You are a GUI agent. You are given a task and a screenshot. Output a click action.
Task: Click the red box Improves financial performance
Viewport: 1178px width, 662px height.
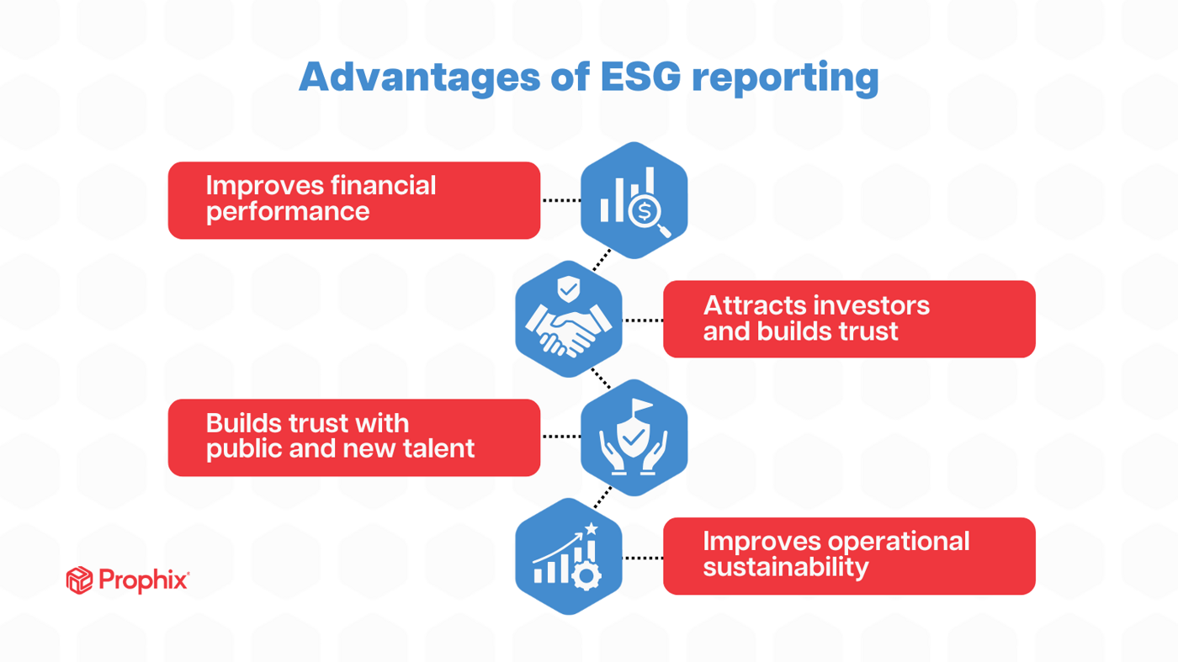click(353, 200)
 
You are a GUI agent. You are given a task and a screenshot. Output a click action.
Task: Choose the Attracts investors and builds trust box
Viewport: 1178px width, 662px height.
click(848, 319)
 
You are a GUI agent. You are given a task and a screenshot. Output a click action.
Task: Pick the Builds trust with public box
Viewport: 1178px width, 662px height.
click(353, 437)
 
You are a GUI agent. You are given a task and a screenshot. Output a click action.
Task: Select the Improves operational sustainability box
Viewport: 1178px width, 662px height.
click(848, 556)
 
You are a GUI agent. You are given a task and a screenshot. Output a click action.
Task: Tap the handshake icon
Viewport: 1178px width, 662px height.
click(568, 331)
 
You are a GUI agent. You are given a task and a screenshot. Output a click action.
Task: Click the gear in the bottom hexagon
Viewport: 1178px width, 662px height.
click(586, 577)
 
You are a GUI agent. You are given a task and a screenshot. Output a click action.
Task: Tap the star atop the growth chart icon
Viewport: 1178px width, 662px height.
click(592, 528)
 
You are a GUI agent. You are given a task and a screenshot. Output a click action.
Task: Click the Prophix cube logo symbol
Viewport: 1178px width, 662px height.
click(79, 580)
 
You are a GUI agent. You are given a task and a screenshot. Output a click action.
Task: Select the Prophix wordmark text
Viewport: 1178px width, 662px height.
click(143, 580)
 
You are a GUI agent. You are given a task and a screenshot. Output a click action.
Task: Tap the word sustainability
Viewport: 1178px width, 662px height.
click(785, 568)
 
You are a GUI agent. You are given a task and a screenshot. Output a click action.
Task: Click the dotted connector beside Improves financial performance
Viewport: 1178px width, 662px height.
click(560, 200)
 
